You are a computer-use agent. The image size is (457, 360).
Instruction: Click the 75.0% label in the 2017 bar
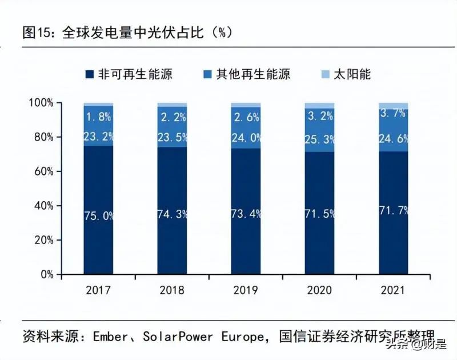click(99, 216)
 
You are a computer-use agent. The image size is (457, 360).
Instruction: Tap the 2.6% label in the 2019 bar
click(246, 117)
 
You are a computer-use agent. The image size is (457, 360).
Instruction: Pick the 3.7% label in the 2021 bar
click(394, 113)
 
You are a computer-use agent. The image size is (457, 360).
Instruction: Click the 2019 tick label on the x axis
click(246, 290)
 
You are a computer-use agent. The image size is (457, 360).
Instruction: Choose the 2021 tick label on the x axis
click(394, 290)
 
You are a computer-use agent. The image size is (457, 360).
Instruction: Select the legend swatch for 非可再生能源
click(90, 74)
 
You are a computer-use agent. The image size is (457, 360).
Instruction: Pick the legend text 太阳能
click(353, 74)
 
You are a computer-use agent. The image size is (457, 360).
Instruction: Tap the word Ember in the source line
click(110, 337)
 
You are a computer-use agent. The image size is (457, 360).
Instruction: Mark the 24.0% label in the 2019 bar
click(246, 138)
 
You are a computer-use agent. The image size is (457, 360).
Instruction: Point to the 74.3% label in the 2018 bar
click(173, 214)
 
